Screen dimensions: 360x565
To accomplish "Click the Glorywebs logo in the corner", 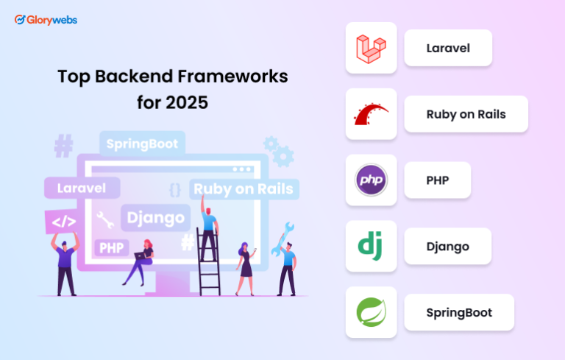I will (x=46, y=20).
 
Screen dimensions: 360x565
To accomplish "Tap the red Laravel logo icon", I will (x=371, y=48).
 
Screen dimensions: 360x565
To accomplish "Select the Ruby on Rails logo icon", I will (x=371, y=114).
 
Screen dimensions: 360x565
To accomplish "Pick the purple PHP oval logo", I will (x=371, y=180).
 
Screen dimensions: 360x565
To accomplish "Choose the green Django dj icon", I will (x=371, y=247).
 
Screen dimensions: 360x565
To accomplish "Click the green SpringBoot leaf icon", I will (x=371, y=312).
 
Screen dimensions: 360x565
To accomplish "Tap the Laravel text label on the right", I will (x=447, y=48).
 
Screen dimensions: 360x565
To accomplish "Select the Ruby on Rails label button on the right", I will (x=466, y=114).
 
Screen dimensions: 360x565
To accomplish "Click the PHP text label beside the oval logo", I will (x=437, y=180).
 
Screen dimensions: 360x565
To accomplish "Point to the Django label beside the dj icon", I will (x=447, y=247).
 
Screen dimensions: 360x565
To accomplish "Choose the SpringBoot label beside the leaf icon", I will (x=458, y=312).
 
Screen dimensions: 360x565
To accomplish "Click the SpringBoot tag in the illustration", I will (x=142, y=143).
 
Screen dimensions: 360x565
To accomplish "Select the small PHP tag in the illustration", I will (x=112, y=247).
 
